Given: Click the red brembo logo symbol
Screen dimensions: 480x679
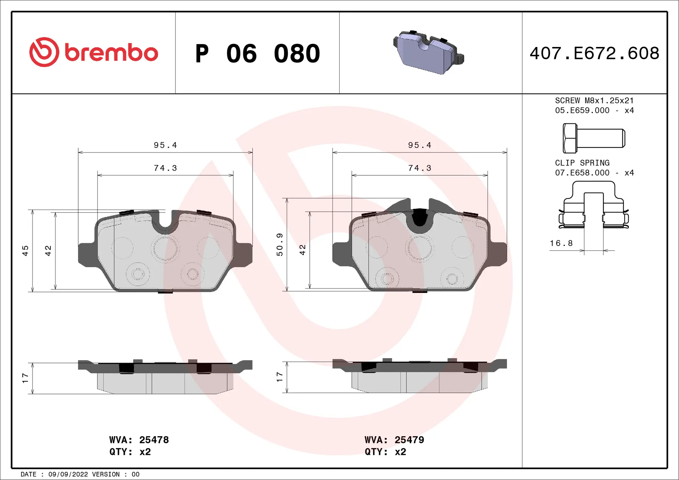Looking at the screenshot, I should [x=44, y=52].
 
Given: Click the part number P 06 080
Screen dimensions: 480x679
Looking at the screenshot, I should [x=257, y=54].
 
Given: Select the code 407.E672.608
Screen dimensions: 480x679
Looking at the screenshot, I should [x=594, y=53].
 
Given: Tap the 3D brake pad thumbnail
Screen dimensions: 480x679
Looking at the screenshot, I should [x=428, y=52].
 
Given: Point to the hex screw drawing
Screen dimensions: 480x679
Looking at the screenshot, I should [x=593, y=138].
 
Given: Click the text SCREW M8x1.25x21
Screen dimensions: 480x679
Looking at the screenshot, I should [x=594, y=101].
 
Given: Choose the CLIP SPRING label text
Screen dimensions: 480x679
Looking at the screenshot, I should [x=582, y=163].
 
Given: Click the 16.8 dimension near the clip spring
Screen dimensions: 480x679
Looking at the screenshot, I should [x=561, y=243].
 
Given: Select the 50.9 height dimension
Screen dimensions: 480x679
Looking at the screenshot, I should [x=279, y=244].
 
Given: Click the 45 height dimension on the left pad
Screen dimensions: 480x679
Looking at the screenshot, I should [x=25, y=251].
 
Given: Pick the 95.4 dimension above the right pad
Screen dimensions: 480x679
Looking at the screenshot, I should [x=419, y=145].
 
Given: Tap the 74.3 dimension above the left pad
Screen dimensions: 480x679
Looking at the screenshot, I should [x=165, y=168].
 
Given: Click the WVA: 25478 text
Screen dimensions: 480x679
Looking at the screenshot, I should [x=139, y=440].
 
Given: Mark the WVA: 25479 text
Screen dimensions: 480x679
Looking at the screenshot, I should [x=394, y=440].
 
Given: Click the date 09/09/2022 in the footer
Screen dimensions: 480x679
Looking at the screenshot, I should [x=68, y=474].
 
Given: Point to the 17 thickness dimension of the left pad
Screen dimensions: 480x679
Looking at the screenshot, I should [x=25, y=378].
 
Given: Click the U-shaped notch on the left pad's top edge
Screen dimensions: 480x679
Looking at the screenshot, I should [x=165, y=221].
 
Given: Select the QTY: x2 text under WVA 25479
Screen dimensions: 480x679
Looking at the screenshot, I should [x=385, y=452].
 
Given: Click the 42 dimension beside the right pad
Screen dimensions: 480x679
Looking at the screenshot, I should [x=302, y=250].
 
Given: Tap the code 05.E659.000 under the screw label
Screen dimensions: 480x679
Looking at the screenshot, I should [x=582, y=111].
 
